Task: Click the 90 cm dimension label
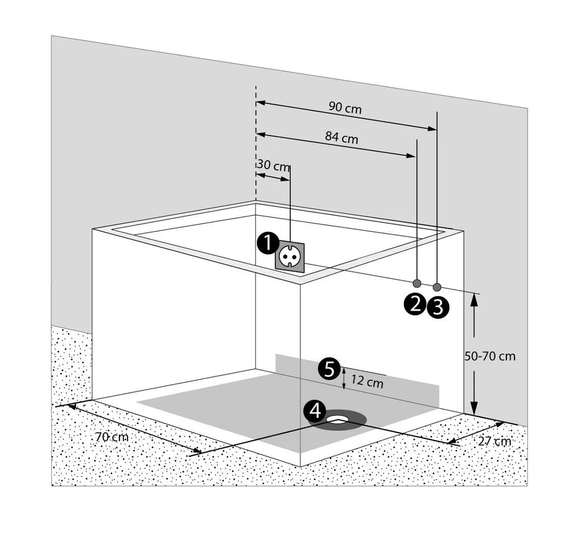coord(345,108)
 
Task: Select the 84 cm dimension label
coord(342,138)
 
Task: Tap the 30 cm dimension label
coord(273,166)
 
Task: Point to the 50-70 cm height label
coord(490,356)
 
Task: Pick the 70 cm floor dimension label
coord(112,437)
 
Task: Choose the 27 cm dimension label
coord(495,441)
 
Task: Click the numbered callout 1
coord(267,242)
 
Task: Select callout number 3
coord(437,307)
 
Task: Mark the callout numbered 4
coord(315,411)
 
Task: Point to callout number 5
coord(329,369)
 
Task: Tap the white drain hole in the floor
coord(337,420)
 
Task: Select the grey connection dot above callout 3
coord(437,287)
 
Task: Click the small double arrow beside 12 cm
coord(344,379)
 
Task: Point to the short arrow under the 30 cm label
coord(273,177)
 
